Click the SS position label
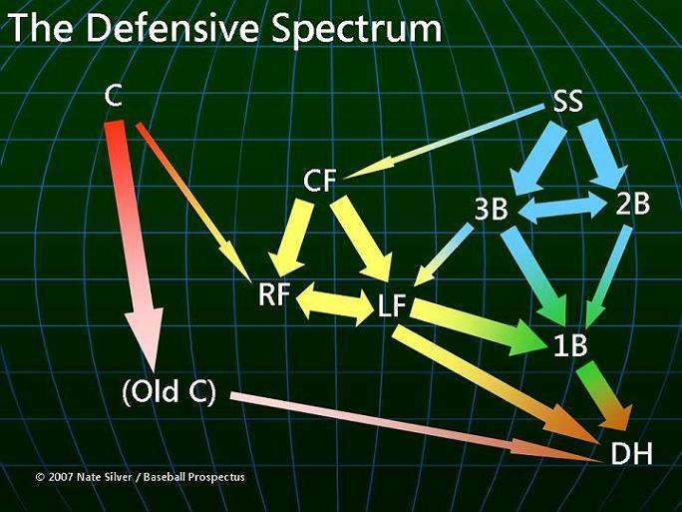567,101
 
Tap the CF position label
320,181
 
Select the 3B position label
491,209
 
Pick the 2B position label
633,204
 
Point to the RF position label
274,293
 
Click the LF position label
392,304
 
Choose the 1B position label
571,345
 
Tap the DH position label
631,453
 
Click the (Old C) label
170,391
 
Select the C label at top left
113,96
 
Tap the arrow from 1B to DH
602,393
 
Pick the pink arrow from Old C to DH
416,427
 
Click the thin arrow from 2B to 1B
607,276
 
